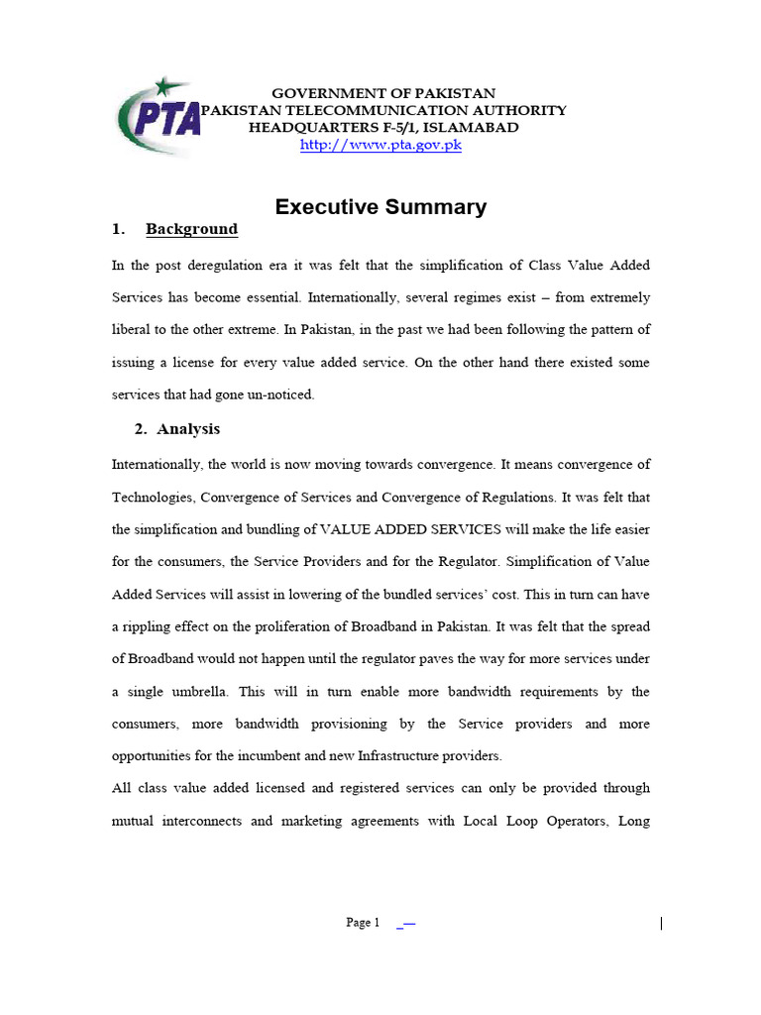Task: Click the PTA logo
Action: [159, 118]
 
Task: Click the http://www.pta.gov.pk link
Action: [381, 145]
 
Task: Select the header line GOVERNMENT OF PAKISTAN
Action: [383, 93]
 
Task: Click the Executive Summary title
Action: [380, 207]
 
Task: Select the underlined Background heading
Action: [191, 229]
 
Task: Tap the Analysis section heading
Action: [188, 429]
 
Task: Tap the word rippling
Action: [154, 626]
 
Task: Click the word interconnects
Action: [222, 822]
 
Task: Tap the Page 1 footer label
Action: [363, 923]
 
